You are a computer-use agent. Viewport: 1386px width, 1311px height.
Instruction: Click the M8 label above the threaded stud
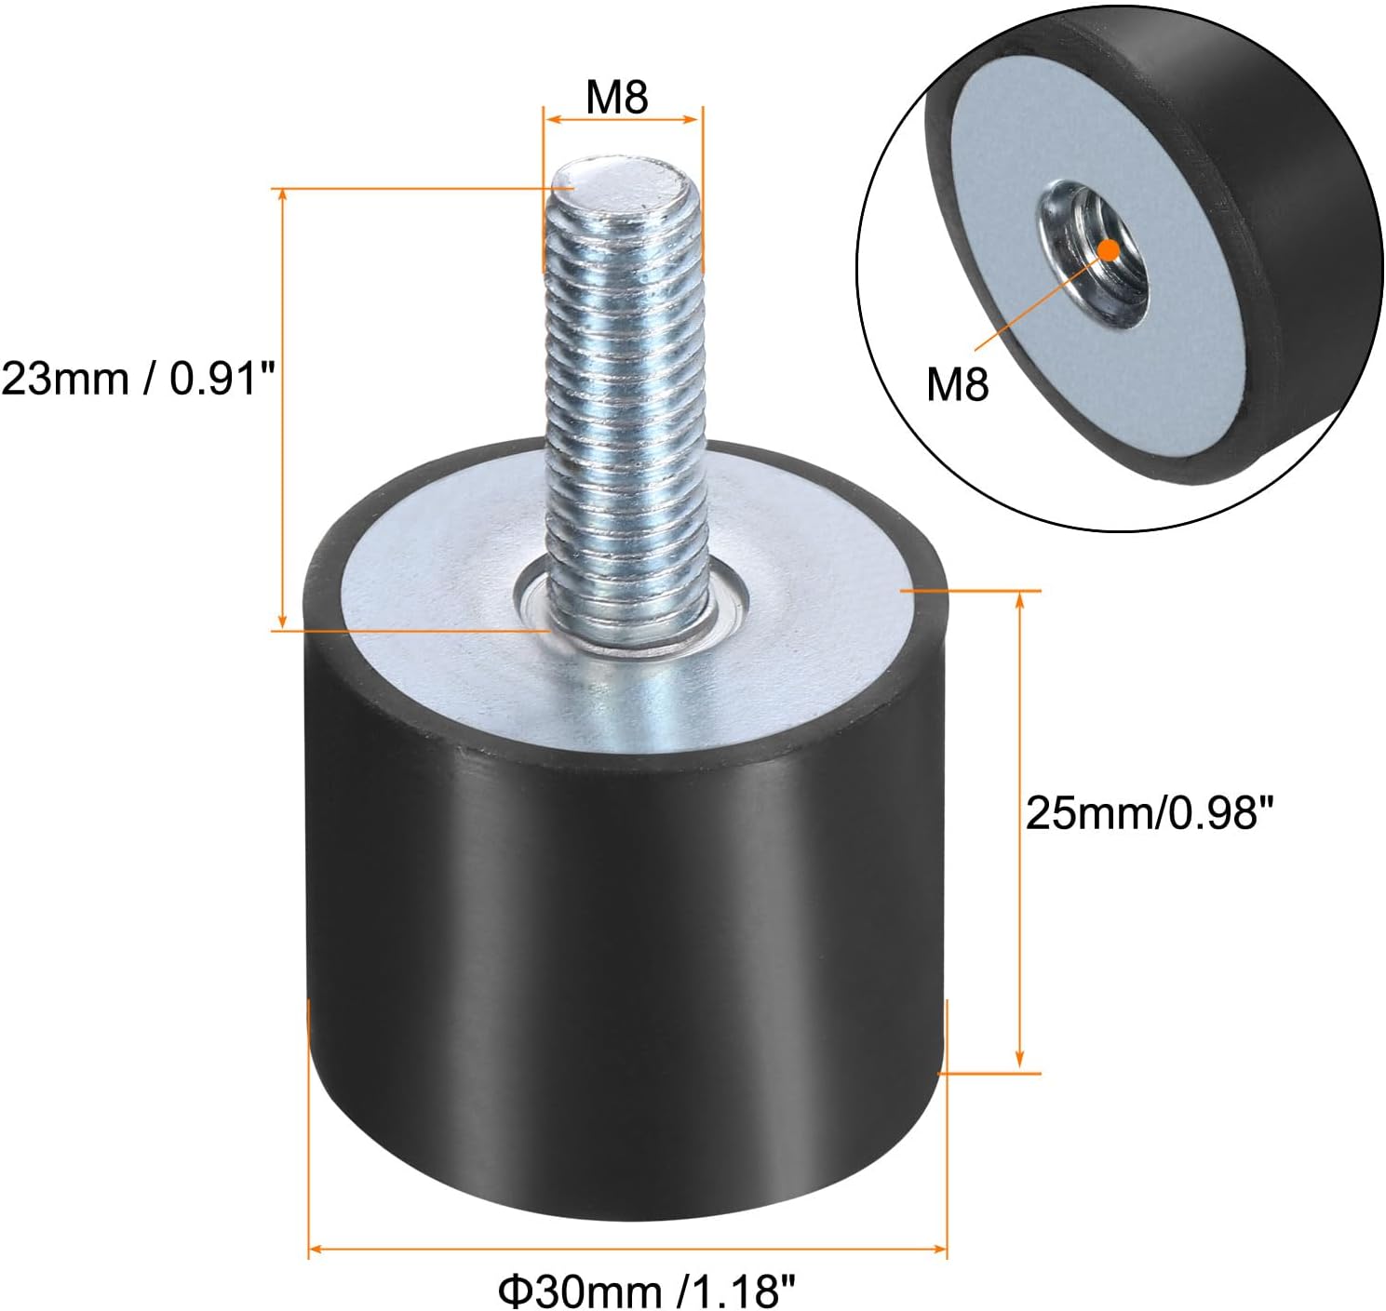[616, 97]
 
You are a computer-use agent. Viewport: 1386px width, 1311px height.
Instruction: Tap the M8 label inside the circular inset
[957, 382]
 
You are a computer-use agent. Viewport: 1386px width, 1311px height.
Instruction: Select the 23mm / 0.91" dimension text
[139, 379]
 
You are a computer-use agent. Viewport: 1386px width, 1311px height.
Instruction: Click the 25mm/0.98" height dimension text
[1148, 813]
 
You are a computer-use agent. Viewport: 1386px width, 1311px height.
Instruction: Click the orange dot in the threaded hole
[1108, 248]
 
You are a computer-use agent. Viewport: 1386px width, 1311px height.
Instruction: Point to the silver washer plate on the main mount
[801, 595]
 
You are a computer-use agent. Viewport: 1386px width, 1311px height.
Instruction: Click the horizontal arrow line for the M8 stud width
[622, 119]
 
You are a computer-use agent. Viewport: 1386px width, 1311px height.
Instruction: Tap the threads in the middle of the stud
[622, 391]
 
